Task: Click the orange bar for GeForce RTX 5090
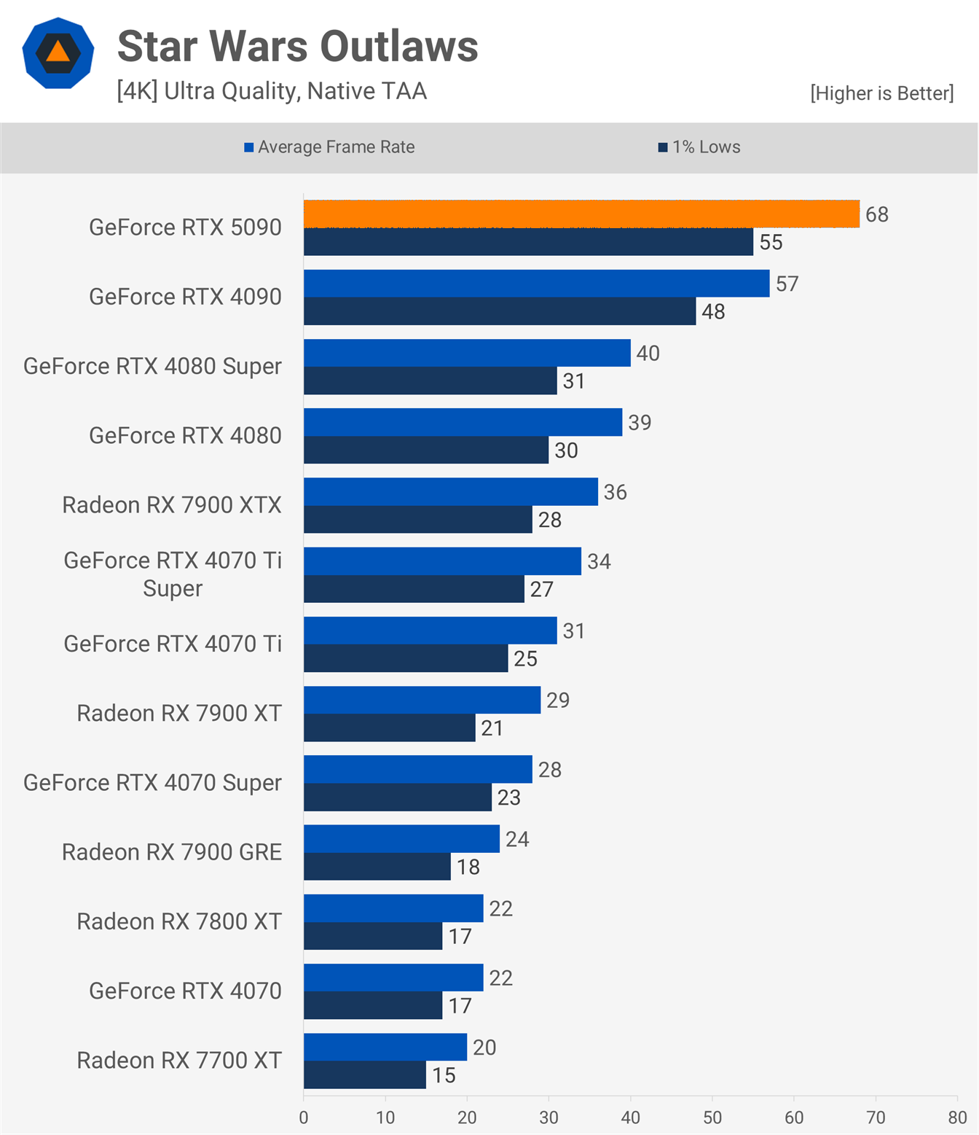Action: [581, 214]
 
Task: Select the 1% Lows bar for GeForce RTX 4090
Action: [500, 311]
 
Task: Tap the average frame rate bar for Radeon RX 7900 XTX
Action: [451, 491]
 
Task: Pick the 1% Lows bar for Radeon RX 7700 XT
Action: [365, 1075]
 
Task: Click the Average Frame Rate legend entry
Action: [329, 147]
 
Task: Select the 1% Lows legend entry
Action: [699, 147]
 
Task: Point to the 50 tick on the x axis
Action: [712, 1118]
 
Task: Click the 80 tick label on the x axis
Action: [957, 1118]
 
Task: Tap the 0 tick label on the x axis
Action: [304, 1118]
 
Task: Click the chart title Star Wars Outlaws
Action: [297, 47]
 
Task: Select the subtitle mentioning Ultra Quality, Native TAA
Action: [272, 91]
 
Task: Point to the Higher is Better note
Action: [881, 93]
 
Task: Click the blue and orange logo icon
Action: [58, 53]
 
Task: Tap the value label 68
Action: [877, 214]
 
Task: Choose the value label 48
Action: [713, 312]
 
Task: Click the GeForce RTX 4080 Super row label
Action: [152, 366]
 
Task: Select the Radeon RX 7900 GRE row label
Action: [172, 852]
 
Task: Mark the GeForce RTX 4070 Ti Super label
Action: [173, 574]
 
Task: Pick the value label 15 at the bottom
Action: [444, 1075]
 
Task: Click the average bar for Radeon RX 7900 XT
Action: [422, 700]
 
